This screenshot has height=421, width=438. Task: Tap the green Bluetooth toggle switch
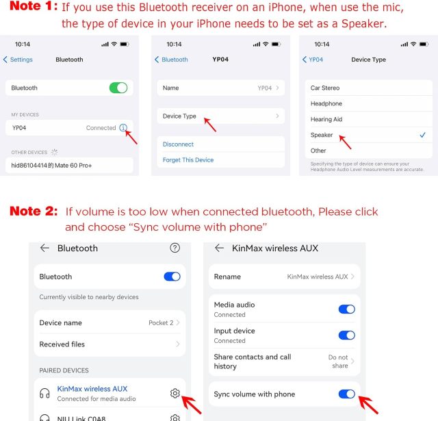click(x=118, y=88)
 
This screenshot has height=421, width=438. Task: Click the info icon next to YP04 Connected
click(x=123, y=127)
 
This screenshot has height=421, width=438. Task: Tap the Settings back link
click(x=18, y=60)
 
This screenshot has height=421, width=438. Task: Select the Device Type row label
click(x=179, y=116)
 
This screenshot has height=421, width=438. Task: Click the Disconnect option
click(x=178, y=144)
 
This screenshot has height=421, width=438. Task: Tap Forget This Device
click(x=188, y=160)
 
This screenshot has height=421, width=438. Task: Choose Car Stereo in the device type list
click(x=325, y=88)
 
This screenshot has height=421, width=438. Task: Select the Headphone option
click(x=326, y=103)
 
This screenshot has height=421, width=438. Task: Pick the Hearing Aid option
click(x=326, y=119)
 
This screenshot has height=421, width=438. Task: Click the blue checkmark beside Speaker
click(x=423, y=135)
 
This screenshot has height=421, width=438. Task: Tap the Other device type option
click(x=318, y=151)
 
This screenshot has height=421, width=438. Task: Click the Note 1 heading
click(x=34, y=6)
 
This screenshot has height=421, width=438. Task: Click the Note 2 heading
click(x=34, y=211)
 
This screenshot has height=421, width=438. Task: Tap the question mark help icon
click(x=175, y=248)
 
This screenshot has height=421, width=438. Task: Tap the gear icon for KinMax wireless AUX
click(x=175, y=393)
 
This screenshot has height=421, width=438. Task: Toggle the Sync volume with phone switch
click(x=347, y=394)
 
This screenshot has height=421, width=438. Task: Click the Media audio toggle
click(x=347, y=309)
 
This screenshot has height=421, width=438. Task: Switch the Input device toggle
click(x=347, y=335)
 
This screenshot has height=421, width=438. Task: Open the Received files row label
click(x=62, y=344)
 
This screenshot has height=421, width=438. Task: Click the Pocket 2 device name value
click(x=161, y=322)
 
